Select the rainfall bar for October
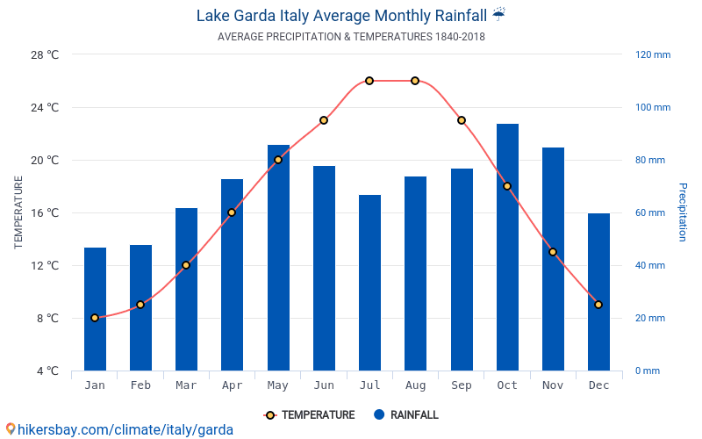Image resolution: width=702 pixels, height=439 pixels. [507, 247]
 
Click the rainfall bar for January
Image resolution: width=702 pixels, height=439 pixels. [95, 309]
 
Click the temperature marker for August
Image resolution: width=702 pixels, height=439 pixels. [415, 81]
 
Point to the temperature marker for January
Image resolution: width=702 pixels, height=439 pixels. [95, 318]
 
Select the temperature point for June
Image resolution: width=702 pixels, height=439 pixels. [324, 120]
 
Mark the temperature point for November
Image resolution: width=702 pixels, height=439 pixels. [553, 252]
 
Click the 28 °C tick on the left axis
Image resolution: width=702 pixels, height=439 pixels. [45, 54]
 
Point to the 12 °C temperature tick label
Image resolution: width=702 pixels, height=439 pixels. [45, 265]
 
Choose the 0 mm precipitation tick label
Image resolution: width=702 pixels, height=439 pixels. [647, 371]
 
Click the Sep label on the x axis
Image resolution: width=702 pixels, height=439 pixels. [462, 385]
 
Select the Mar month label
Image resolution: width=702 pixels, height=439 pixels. [186, 385]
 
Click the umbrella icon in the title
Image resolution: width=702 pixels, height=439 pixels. [498, 15]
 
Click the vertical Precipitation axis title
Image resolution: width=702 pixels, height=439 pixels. [682, 212]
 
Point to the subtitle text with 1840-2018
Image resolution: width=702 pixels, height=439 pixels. [351, 37]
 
